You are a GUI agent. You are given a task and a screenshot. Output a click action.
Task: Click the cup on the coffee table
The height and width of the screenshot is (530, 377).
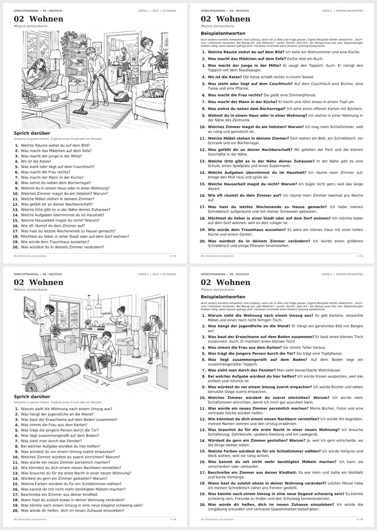55,97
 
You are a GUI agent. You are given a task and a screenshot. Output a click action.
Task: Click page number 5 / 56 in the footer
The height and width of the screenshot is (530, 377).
173,256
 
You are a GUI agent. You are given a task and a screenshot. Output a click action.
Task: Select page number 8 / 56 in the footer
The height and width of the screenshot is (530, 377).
360,519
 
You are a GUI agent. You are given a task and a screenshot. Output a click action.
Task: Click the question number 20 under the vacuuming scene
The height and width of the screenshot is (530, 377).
15,247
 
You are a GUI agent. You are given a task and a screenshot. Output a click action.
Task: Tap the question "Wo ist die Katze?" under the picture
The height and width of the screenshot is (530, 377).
36,161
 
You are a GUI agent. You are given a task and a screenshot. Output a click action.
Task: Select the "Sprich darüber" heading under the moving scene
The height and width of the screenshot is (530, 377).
32,396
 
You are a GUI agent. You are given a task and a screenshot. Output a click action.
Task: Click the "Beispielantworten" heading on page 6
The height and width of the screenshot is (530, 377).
223,33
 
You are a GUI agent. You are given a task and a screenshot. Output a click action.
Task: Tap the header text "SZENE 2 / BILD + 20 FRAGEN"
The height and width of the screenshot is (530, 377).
157,274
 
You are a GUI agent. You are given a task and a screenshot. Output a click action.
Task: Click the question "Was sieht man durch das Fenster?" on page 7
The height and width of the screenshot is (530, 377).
51,441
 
